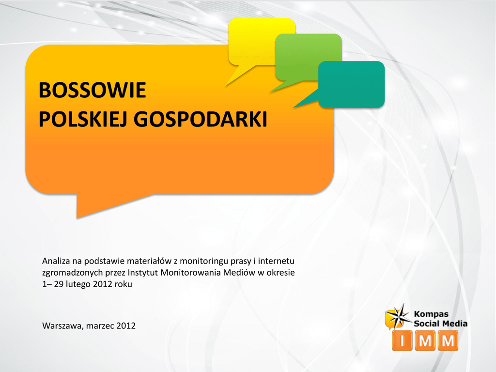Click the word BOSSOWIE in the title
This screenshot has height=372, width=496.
pyautogui.click(x=92, y=90)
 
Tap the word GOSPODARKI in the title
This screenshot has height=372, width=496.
pyautogui.click(x=201, y=119)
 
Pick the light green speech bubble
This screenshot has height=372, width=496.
pyautogui.click(x=309, y=57)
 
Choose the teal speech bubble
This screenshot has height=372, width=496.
pyautogui.click(x=351, y=84)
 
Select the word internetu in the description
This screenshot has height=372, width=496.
pyautogui.click(x=276, y=261)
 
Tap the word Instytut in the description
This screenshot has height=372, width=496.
pyautogui.click(x=143, y=272)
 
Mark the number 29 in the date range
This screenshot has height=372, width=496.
pyautogui.click(x=59, y=284)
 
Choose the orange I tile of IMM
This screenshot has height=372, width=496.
pyautogui.click(x=402, y=341)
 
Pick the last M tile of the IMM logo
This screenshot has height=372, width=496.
pyautogui.click(x=448, y=341)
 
